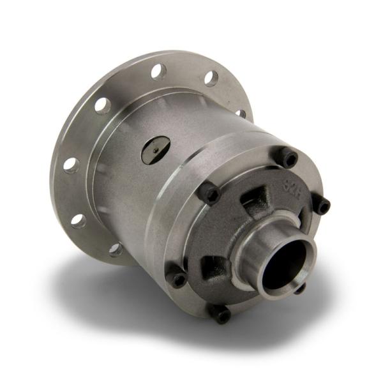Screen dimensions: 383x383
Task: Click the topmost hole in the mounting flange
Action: point(159,71)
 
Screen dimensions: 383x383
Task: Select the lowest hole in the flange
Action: point(116,249)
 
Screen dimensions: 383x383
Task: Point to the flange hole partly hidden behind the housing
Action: point(241,114)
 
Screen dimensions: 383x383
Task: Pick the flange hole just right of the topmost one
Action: point(211,79)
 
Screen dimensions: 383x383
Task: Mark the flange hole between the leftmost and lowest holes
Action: point(78,221)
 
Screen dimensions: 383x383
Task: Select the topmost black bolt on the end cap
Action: point(289,157)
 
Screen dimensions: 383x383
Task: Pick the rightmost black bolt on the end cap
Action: point(323,206)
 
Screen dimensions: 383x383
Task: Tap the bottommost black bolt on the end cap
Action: point(222,315)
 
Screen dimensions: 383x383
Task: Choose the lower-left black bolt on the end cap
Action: point(178,279)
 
